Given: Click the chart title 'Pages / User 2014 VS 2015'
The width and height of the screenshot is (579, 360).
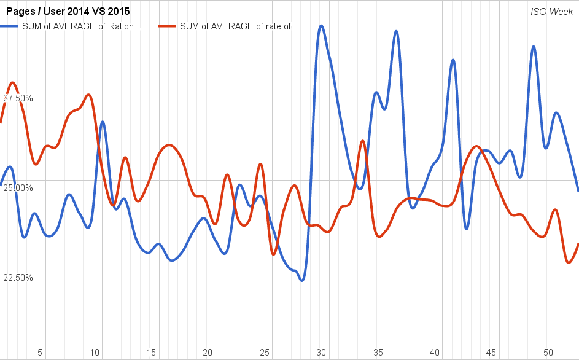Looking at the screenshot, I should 68,11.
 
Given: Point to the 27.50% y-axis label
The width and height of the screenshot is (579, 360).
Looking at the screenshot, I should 18,98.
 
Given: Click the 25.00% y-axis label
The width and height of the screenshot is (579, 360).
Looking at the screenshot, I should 18,187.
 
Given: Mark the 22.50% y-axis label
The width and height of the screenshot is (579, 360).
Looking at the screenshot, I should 18,277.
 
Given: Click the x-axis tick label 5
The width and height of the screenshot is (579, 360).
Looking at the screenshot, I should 40,352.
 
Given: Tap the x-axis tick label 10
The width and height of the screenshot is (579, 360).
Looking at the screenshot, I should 95,352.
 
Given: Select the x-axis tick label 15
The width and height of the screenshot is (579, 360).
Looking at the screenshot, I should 152,352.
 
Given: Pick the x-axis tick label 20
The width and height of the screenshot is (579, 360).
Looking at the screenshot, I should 208,352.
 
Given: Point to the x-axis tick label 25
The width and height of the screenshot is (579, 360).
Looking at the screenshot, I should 265,352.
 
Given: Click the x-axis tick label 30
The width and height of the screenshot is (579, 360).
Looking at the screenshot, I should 321,352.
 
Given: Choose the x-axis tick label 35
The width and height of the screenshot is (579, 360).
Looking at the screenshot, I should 378,352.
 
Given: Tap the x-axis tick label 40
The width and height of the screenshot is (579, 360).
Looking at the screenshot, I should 435,352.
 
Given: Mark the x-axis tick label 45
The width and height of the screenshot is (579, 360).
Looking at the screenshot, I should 491,352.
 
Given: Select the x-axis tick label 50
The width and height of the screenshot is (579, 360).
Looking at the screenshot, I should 548,352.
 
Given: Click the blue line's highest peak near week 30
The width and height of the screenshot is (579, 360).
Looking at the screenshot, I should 321,26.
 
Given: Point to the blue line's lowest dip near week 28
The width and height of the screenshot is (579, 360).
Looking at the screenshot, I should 301,281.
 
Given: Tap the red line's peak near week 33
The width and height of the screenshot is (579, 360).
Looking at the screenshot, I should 363,141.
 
